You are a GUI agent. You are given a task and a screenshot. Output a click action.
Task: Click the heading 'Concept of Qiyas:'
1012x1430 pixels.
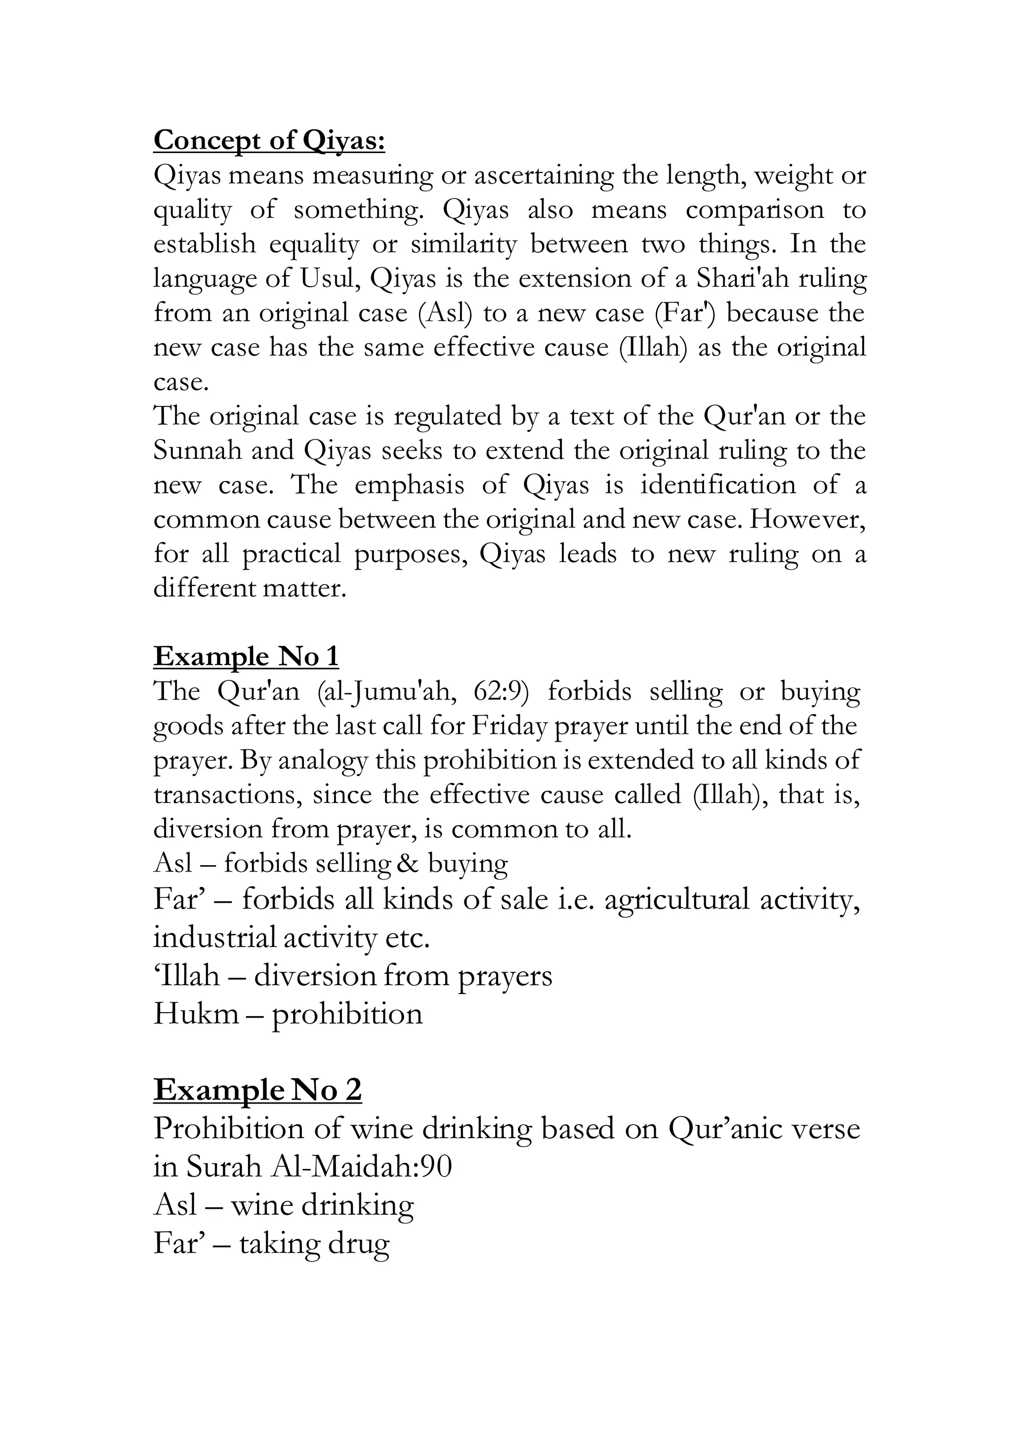269,140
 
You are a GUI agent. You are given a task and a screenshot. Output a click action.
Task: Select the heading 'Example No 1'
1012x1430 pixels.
246,656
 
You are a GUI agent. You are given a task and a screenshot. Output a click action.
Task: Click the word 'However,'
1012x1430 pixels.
807,519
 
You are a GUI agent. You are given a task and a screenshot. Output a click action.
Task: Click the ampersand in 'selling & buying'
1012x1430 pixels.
408,863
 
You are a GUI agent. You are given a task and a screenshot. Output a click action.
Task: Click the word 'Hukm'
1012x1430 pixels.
196,1014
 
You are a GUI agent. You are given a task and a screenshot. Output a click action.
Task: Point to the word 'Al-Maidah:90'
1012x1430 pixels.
361,1166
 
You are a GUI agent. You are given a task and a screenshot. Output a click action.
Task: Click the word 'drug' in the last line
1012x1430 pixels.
358,1244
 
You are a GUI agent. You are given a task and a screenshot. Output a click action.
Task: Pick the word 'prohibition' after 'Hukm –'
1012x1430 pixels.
347,1014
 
